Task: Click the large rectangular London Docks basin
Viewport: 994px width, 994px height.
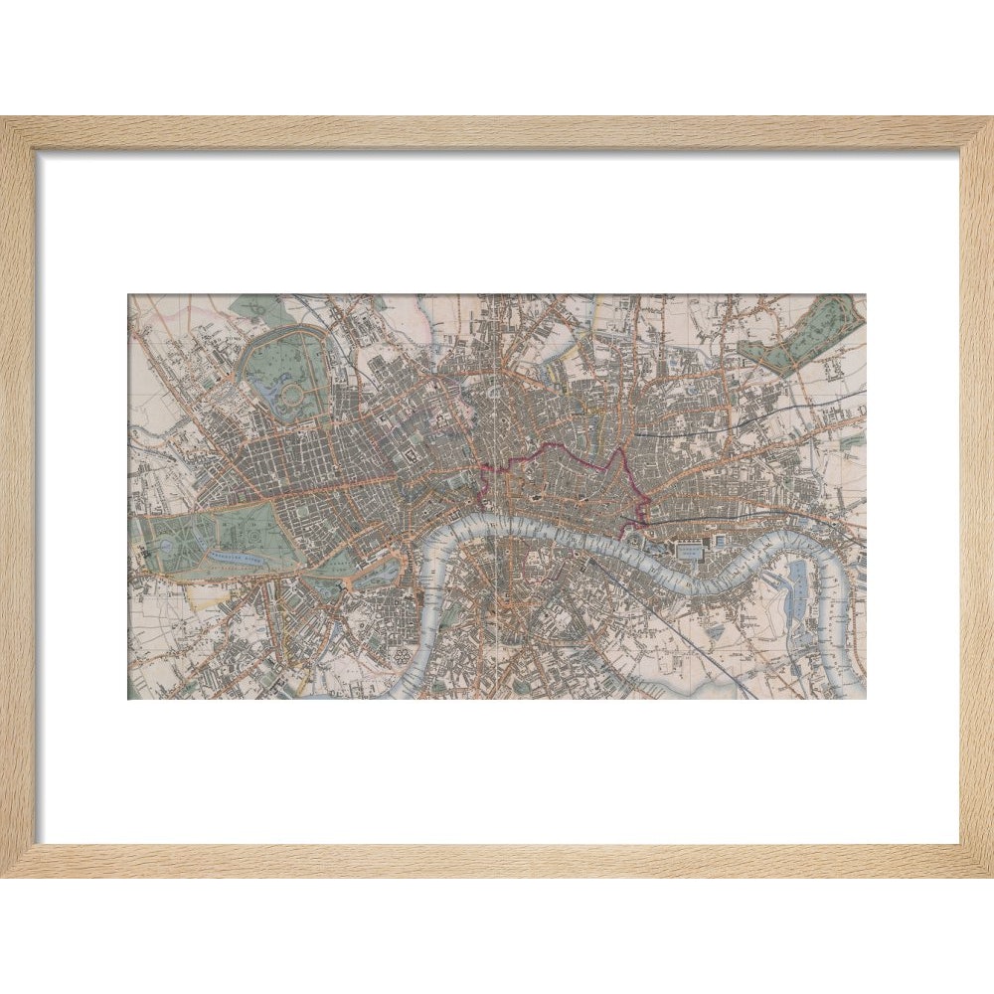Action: click(689, 550)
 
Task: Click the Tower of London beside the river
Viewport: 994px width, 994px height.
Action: click(633, 538)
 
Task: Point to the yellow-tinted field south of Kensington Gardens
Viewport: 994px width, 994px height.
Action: click(204, 594)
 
